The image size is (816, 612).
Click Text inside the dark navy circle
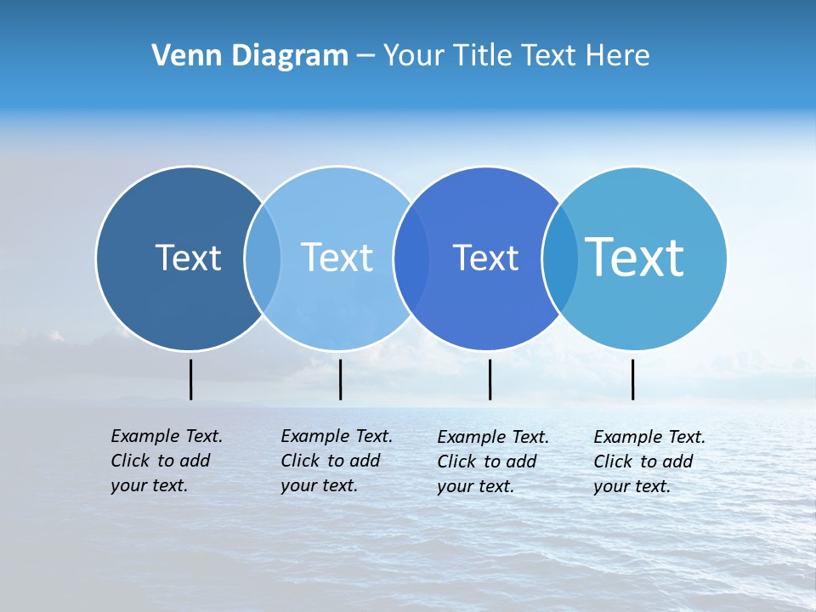188,258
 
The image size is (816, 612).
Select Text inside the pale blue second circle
337,258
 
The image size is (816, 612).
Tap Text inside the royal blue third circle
485,258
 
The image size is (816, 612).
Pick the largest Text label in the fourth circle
634,257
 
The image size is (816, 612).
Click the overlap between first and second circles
263,258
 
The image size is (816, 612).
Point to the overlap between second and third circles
411,258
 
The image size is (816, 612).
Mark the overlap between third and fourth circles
560,258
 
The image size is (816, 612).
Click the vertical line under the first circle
191,379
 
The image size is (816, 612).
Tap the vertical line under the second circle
340,379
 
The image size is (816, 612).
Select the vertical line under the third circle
490,379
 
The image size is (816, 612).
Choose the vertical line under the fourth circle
632,379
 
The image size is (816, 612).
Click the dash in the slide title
365,56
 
